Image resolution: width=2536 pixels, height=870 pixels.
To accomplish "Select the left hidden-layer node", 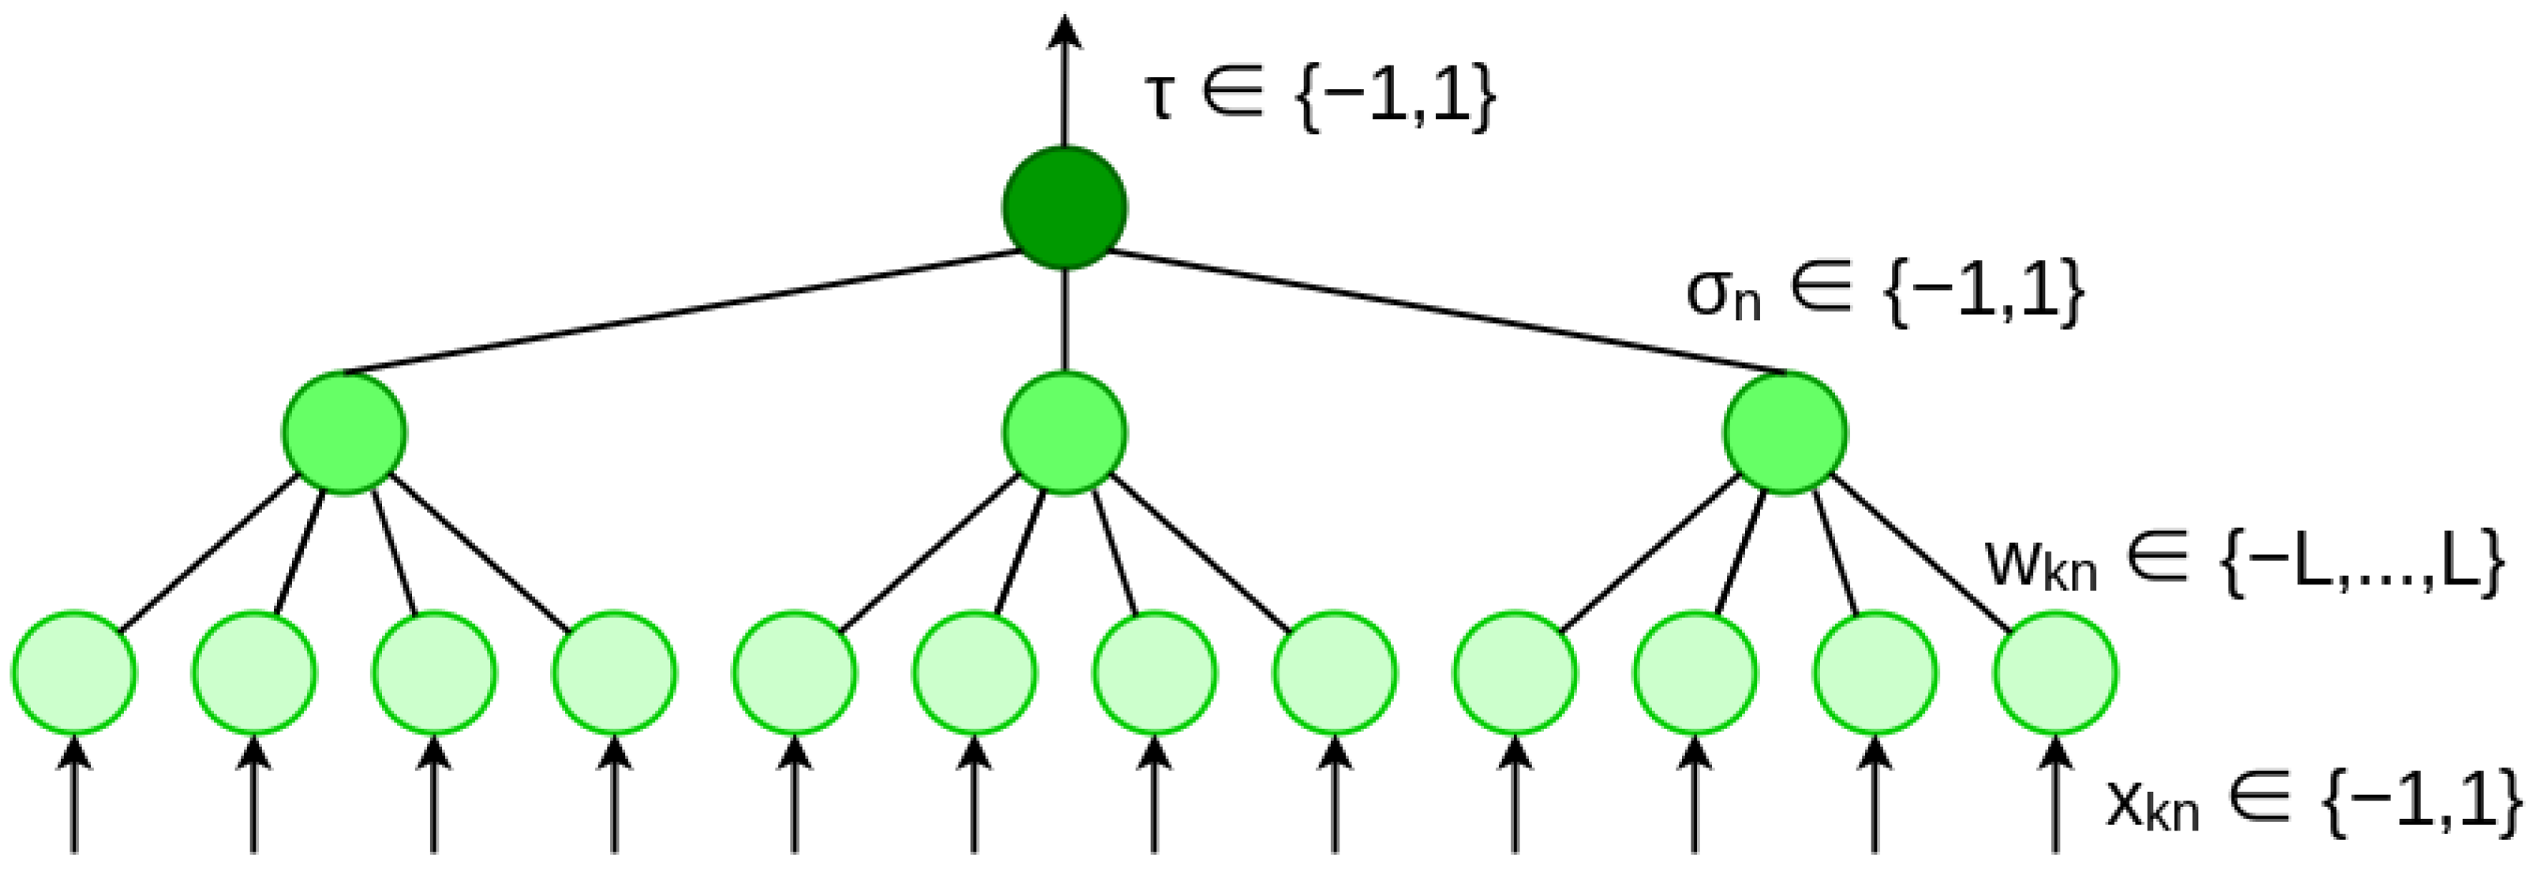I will (343, 433).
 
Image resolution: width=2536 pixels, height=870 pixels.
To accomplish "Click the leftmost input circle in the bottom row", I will (74, 673).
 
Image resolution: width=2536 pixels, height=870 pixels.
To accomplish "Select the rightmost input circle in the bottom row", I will (2055, 673).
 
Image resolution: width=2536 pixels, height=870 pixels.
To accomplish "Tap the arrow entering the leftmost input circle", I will (74, 797).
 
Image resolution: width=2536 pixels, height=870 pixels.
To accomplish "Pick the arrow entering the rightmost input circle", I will (2055, 797).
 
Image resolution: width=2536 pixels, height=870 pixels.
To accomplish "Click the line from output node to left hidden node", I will (680, 313).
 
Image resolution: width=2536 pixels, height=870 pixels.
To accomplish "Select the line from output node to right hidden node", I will (1448, 313).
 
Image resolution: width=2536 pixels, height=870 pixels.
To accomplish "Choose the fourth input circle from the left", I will (614, 673).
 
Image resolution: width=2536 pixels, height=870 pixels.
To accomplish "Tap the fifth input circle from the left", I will (795, 673).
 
